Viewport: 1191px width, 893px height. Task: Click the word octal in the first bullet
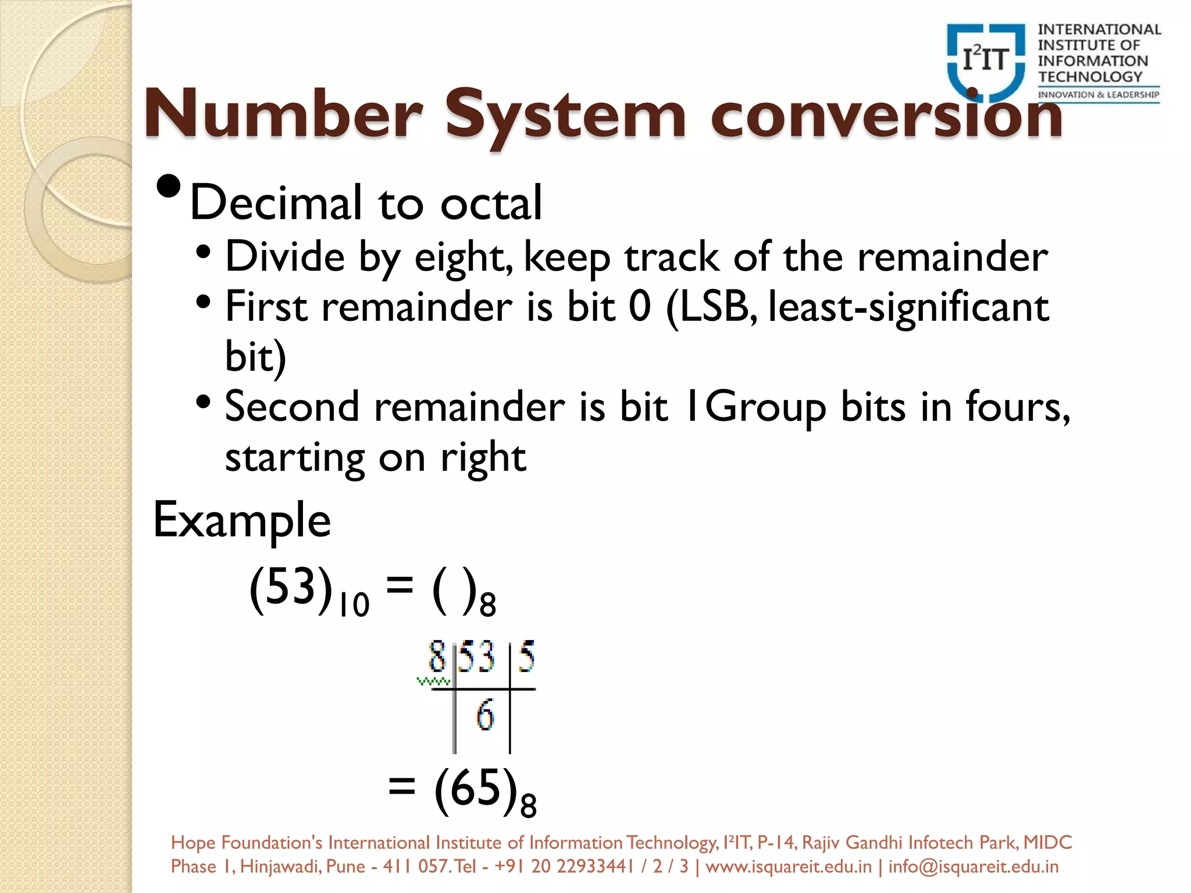[491, 203]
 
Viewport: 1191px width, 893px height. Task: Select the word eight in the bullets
[463, 257]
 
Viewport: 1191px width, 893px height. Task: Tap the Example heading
[242, 520]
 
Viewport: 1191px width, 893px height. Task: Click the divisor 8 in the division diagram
[437, 657]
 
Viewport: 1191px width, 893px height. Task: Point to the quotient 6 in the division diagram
[485, 715]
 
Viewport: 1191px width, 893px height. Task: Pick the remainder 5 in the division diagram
[526, 657]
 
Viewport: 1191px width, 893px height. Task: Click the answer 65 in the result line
[476, 787]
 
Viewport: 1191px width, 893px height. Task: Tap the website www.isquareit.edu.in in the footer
[789, 867]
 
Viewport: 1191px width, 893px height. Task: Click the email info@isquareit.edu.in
[973, 867]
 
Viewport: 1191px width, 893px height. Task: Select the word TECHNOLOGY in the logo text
[1090, 77]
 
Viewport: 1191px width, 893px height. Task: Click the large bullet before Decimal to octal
[169, 187]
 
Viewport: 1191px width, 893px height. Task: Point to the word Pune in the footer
[345, 867]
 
